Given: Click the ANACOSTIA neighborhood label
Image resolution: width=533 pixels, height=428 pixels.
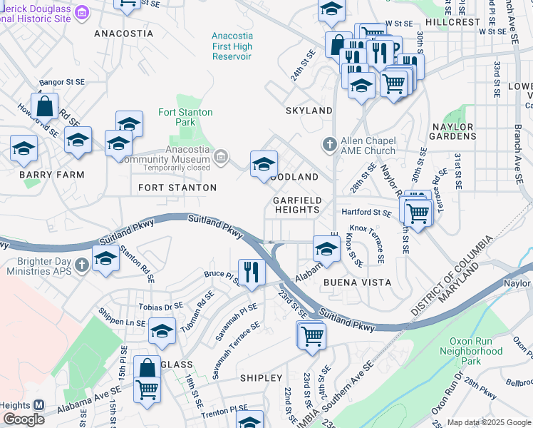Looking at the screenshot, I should [123, 34].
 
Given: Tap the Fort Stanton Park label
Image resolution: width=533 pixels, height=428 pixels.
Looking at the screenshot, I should [176, 117].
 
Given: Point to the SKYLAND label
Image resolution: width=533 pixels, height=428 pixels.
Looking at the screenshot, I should [309, 111].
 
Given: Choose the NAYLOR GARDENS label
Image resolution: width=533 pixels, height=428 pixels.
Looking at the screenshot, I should [453, 131].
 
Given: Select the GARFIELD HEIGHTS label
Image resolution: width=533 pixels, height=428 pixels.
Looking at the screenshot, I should [297, 205].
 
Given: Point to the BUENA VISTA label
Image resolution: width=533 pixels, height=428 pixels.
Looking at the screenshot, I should [358, 282].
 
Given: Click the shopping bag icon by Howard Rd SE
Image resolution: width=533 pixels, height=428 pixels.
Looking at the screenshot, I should [44, 107].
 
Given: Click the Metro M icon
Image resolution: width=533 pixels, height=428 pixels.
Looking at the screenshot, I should [39, 404].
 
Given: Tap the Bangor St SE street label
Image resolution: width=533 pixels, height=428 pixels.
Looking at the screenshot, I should [62, 83].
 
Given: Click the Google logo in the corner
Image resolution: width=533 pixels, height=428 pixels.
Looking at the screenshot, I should [24, 419].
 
